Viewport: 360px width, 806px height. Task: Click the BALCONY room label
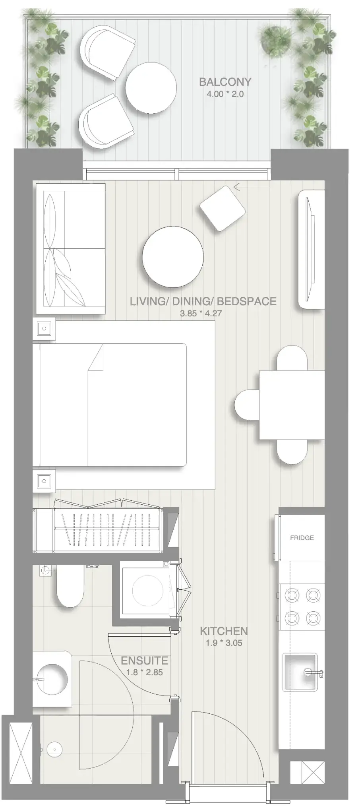225,82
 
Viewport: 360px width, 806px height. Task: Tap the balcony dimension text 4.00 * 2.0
225,94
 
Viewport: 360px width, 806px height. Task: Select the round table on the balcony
151,89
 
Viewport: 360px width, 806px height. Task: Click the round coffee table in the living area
173,257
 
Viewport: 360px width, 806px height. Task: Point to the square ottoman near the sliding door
222,208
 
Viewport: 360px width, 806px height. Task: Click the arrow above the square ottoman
252,186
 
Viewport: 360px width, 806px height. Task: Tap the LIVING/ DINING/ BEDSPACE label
203,301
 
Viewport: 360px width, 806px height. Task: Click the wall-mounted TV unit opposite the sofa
312,249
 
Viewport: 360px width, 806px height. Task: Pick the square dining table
292,405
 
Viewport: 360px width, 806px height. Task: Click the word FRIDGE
302,538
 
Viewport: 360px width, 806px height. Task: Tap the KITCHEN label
224,631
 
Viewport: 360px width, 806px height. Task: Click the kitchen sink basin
300,672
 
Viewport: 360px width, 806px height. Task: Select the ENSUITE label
144,661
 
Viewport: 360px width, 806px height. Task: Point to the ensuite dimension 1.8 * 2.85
144,672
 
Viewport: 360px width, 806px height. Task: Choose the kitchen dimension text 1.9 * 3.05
224,643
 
